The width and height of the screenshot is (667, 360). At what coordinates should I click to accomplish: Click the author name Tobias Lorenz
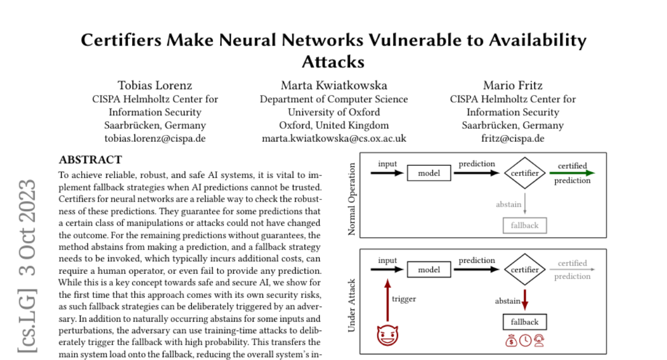(x=155, y=86)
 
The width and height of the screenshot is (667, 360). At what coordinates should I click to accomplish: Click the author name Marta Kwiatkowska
(x=333, y=86)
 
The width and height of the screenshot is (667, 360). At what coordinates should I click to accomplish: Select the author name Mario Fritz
(x=512, y=86)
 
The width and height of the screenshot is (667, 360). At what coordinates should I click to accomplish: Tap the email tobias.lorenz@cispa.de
(x=155, y=138)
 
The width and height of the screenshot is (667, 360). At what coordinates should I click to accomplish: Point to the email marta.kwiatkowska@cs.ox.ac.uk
(x=333, y=138)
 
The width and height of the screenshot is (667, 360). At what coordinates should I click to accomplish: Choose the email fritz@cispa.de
(x=512, y=138)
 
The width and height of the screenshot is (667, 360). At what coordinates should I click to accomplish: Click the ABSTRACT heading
(x=90, y=160)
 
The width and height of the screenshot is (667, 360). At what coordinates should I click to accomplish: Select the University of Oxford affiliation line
(x=333, y=112)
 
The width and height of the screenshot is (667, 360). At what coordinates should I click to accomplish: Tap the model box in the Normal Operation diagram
(x=429, y=173)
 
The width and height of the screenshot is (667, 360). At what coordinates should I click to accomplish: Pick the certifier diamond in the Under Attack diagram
(x=525, y=270)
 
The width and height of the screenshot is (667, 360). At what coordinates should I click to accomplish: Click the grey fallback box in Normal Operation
(x=525, y=226)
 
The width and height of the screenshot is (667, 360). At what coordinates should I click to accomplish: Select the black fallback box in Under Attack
(x=525, y=322)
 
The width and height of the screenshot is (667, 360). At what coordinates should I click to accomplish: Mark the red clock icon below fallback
(x=525, y=340)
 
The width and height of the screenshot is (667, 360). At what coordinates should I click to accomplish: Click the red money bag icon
(x=511, y=340)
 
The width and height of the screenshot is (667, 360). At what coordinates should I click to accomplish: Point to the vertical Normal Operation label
(x=351, y=196)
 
